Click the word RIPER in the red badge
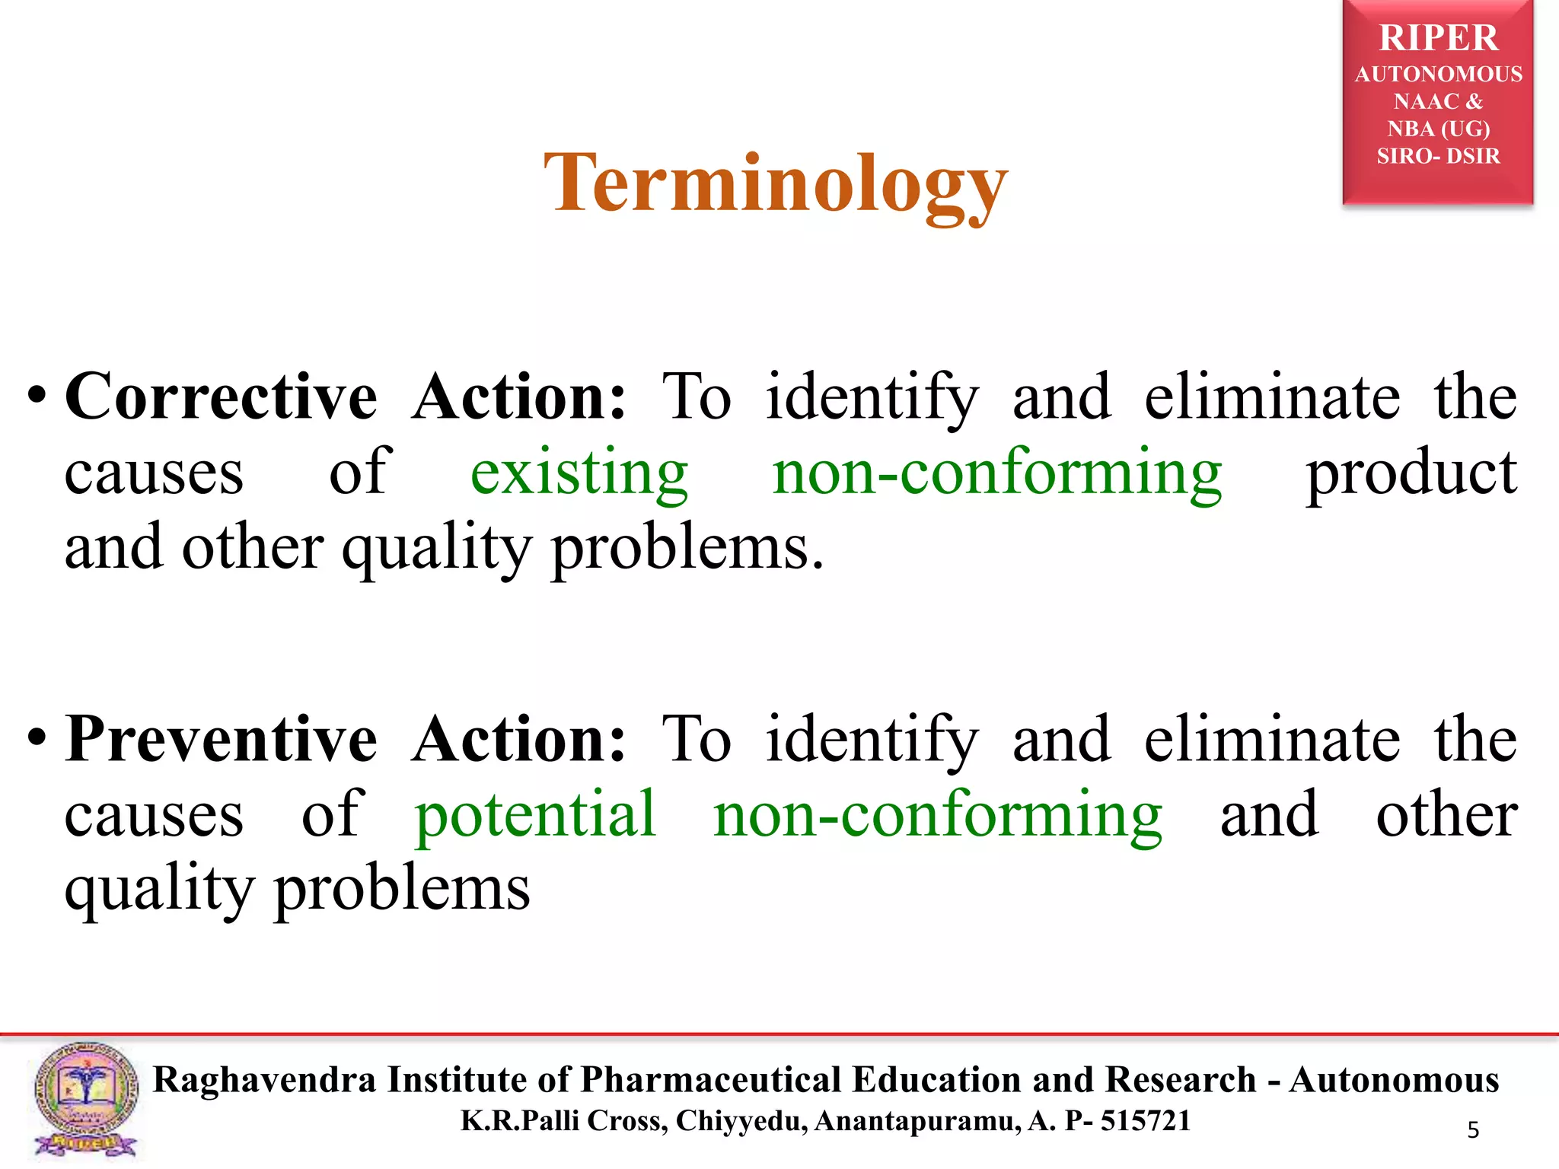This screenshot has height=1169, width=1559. coord(1438,38)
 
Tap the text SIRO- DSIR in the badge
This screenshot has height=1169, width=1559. coord(1438,156)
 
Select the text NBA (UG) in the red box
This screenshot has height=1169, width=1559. coord(1438,129)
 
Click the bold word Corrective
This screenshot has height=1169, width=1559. coord(221,397)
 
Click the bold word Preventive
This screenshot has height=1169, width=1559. coord(221,739)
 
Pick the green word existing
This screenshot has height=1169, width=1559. coord(579,473)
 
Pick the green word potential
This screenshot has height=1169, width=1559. coord(535,814)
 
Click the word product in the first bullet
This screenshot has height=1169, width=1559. coord(1411,473)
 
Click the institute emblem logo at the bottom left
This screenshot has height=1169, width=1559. coord(85,1099)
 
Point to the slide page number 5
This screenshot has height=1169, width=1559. coord(1473,1130)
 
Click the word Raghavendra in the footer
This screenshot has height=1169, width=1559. coord(264,1080)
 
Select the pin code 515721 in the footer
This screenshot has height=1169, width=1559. coord(1145,1121)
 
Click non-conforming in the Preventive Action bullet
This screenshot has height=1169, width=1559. coord(938,814)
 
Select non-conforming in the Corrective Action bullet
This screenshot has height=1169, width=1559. coord(997,473)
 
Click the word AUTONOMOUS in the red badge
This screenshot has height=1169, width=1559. coord(1438,74)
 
